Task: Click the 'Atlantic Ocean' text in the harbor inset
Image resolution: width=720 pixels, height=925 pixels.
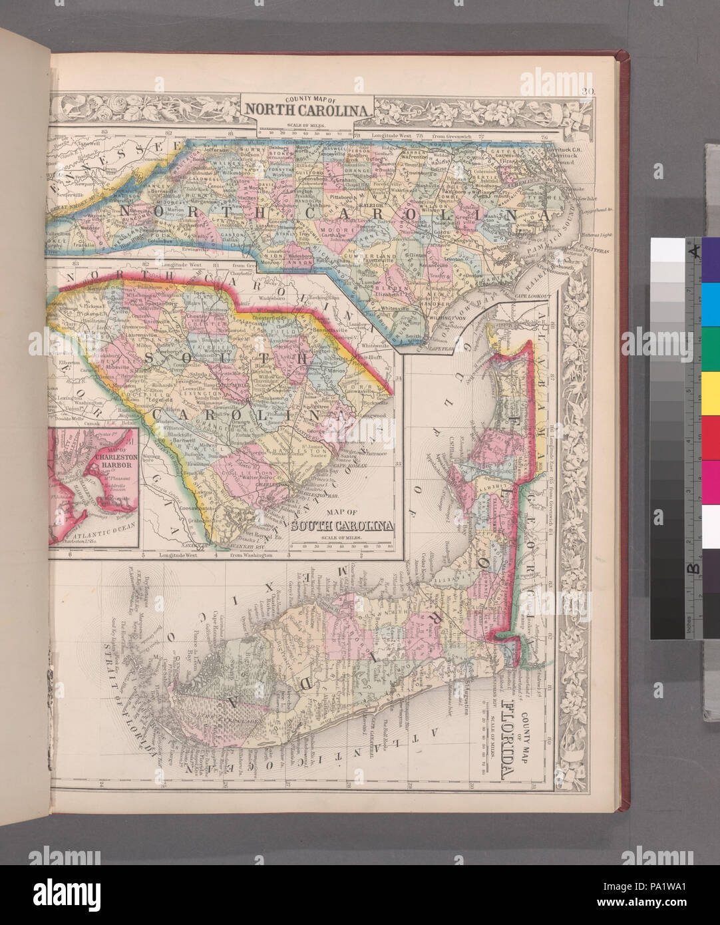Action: pos(93,530)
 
